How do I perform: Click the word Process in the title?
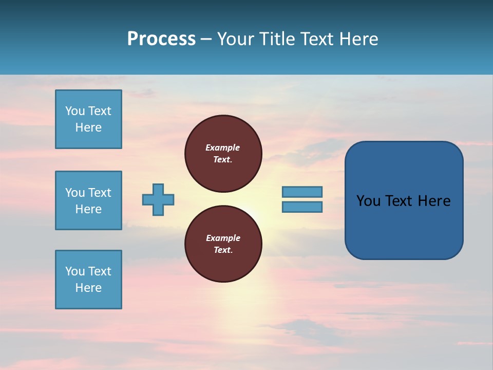click(161, 39)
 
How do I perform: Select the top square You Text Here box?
click(88, 119)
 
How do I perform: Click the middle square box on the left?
click(88, 200)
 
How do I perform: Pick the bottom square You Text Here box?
click(88, 280)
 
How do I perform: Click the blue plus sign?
click(158, 199)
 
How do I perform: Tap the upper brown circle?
click(223, 154)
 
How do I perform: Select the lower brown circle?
click(223, 244)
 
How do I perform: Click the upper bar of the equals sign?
click(302, 192)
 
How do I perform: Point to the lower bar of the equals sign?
click(302, 207)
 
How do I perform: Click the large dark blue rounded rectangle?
click(404, 226)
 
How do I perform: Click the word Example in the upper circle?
click(223, 147)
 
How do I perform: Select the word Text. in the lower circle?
click(223, 250)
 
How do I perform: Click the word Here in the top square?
click(88, 127)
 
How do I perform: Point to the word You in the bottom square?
click(75, 271)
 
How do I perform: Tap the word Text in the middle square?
click(100, 193)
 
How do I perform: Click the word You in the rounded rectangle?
click(368, 201)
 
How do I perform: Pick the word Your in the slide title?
click(235, 39)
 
